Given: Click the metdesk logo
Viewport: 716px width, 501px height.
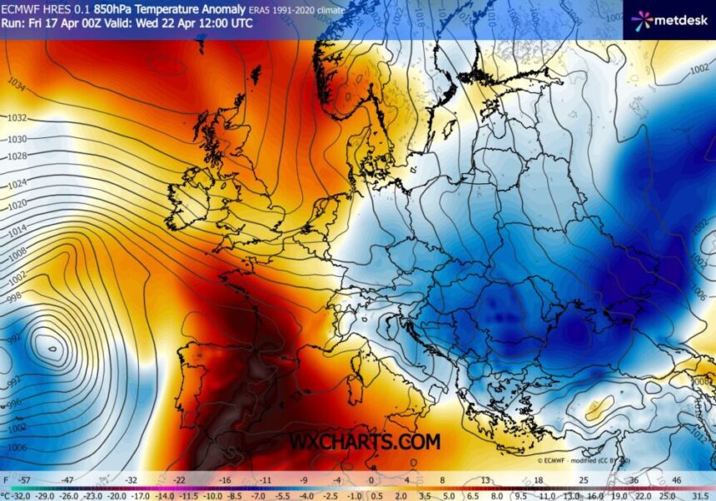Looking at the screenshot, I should pos(669,20).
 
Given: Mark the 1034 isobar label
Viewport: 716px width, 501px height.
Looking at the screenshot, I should pos(16,85).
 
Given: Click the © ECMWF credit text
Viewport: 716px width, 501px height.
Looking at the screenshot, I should pos(574,460).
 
